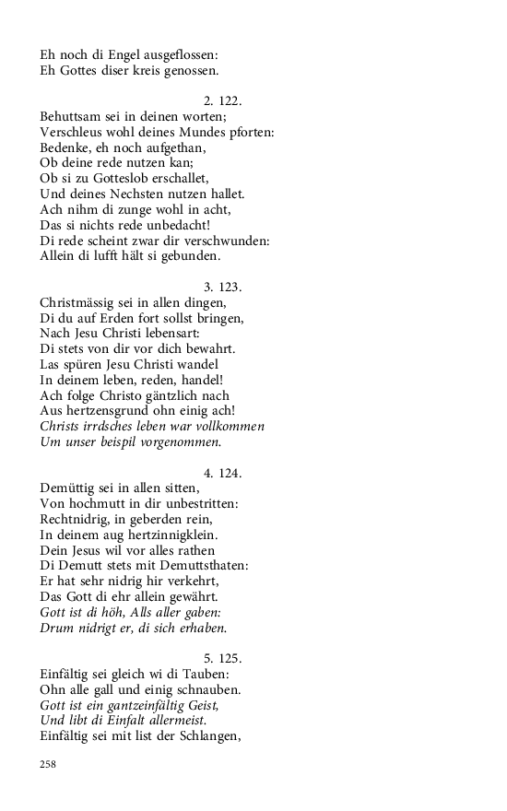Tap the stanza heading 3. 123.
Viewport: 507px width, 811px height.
pyautogui.click(x=222, y=287)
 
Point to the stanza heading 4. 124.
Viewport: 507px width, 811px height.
pyautogui.click(x=222, y=474)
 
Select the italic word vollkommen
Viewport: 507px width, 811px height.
pyautogui.click(x=226, y=427)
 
